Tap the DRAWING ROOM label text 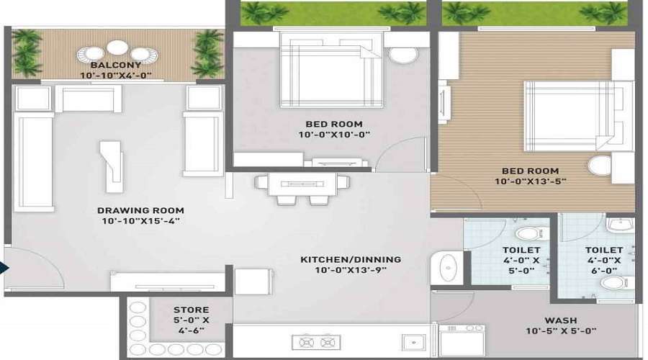coord(140,210)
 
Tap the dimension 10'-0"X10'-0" coord(334,135)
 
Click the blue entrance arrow coord(4,269)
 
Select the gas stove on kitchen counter coord(317,342)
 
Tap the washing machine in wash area coord(462,341)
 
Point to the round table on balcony coord(117,48)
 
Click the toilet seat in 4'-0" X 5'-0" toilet coord(528,234)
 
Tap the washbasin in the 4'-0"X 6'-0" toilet coord(617,225)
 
